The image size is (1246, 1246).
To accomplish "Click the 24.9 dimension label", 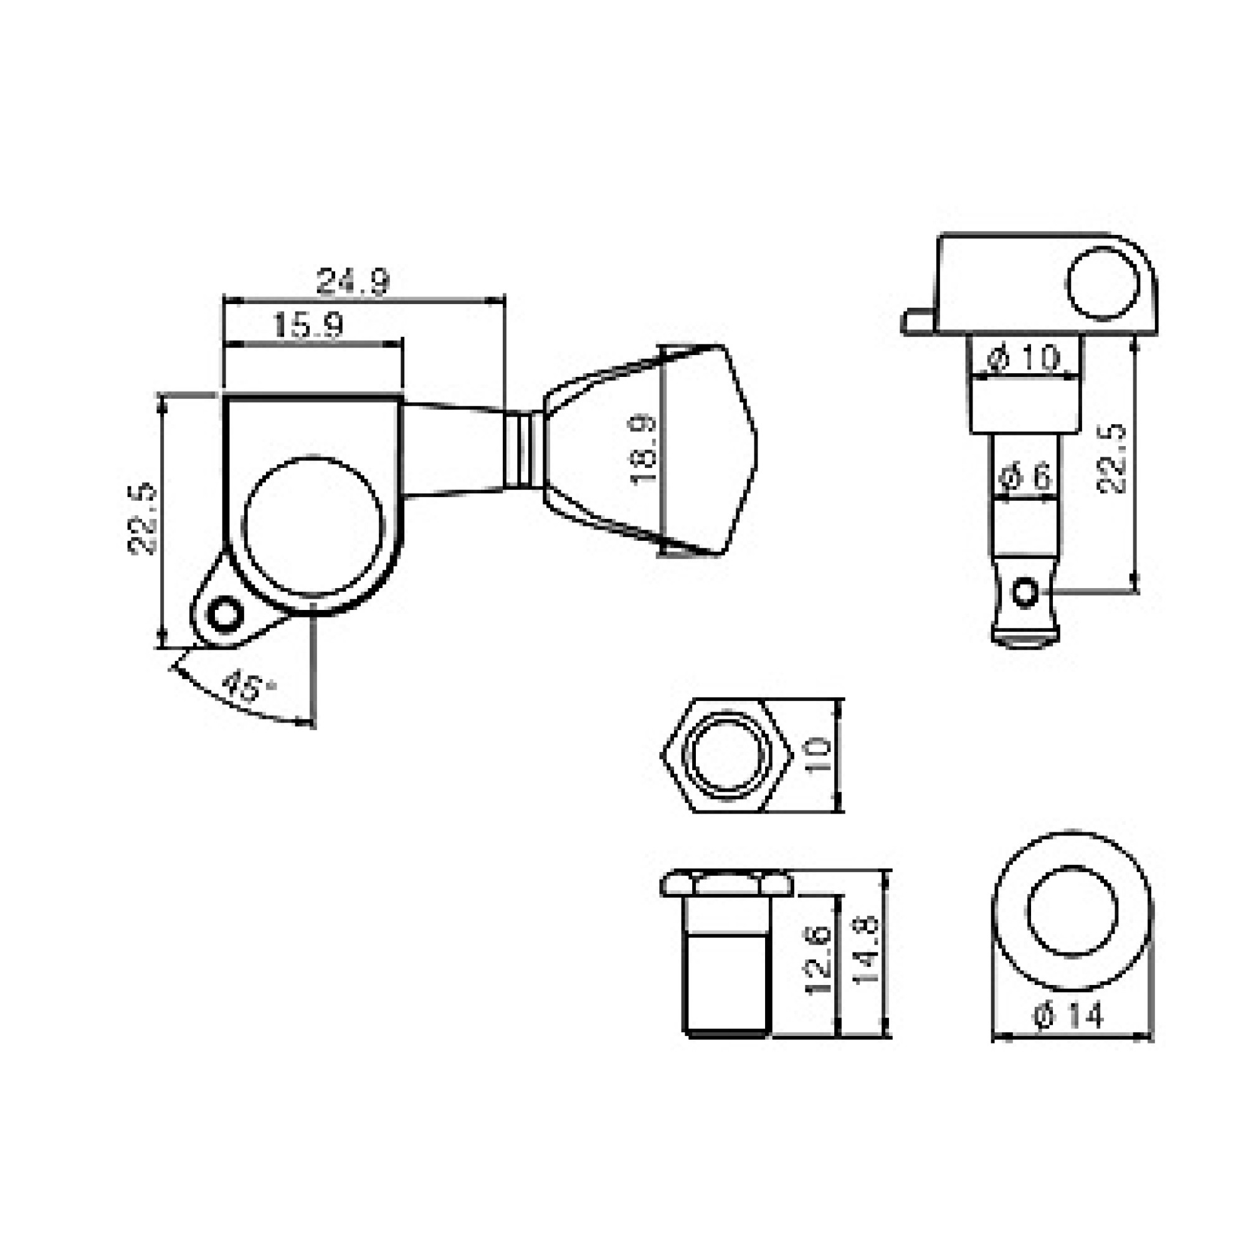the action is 353,282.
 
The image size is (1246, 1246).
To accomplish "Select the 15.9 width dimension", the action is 308,326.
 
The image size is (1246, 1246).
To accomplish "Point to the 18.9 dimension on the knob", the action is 644,450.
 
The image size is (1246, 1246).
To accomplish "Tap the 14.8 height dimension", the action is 866,948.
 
